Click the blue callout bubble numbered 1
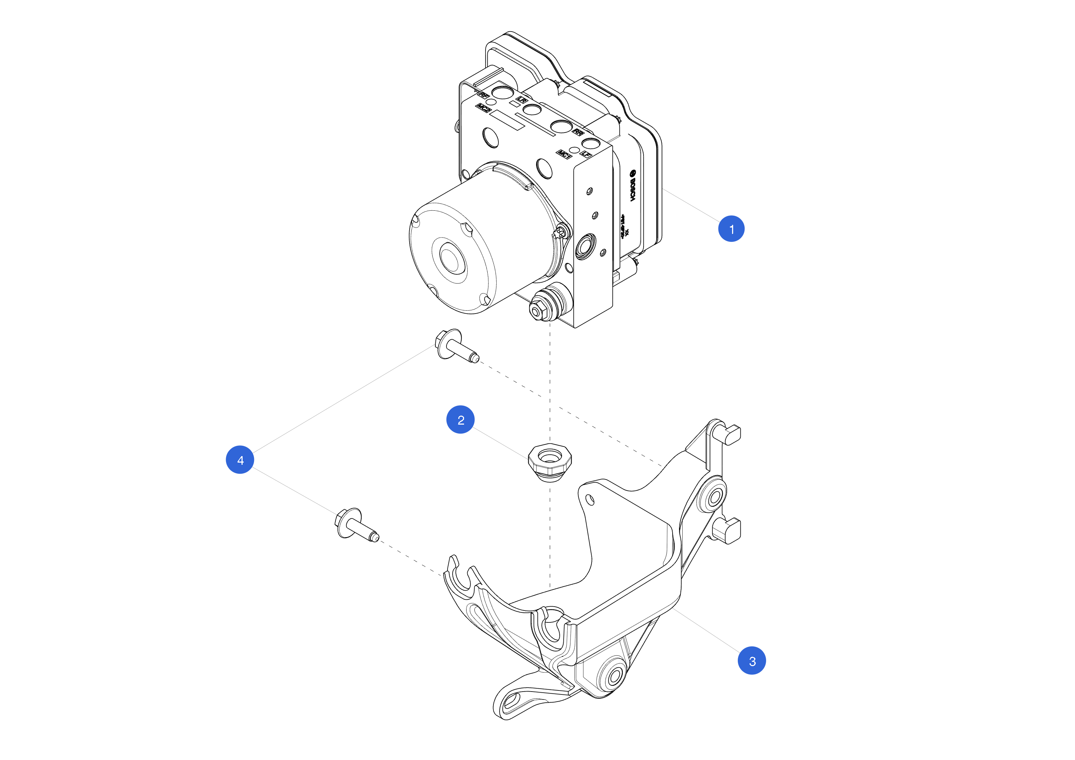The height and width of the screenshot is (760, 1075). (731, 229)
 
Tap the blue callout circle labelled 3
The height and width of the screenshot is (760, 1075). (751, 661)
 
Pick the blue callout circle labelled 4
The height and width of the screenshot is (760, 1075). (240, 459)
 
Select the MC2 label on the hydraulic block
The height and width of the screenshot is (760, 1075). (483, 109)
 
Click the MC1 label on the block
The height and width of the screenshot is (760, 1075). (564, 154)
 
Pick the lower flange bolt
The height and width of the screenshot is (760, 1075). (355, 525)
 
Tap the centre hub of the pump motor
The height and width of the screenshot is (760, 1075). (449, 260)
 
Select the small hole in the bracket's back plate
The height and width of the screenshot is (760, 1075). (590, 501)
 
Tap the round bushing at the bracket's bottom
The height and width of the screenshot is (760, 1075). (614, 676)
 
